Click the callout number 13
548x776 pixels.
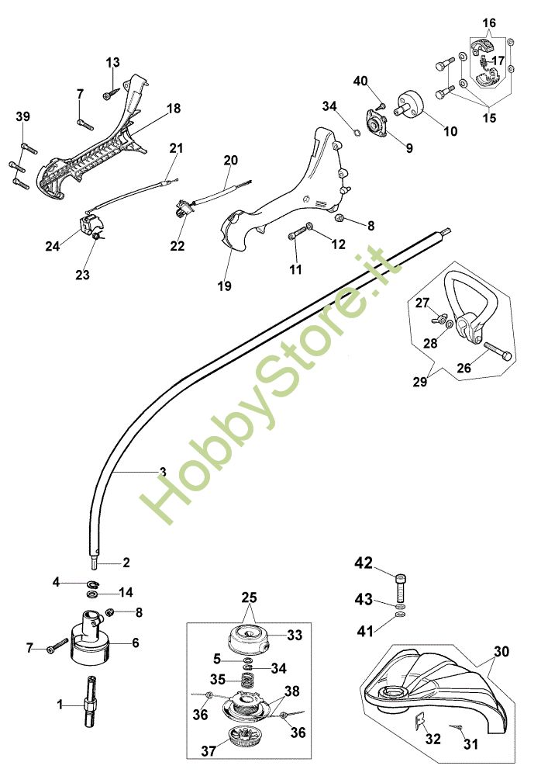coord(113,62)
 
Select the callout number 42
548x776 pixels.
coord(364,562)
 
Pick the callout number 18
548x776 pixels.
coord(174,109)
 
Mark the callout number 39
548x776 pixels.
coord(22,116)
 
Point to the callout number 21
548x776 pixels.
coord(177,147)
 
